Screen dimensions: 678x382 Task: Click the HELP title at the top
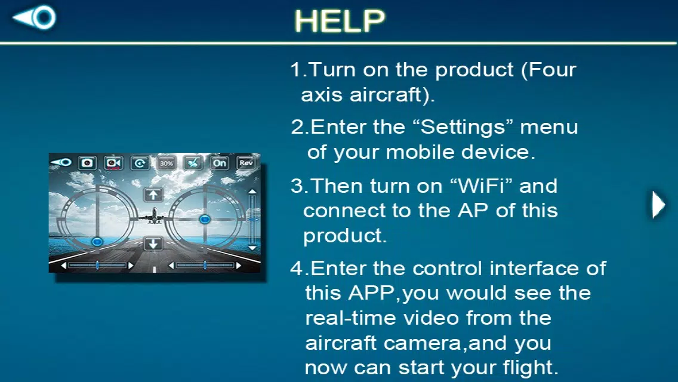pyautogui.click(x=340, y=21)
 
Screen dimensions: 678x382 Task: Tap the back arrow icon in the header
pyautogui.click(x=35, y=17)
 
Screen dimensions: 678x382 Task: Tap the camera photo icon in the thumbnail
pyautogui.click(x=87, y=163)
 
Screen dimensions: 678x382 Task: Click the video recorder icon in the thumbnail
pyautogui.click(x=114, y=163)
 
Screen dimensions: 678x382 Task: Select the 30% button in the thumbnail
pyautogui.click(x=167, y=163)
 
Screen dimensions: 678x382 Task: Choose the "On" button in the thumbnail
pyautogui.click(x=220, y=163)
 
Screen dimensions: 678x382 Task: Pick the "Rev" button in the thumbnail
pyautogui.click(x=246, y=163)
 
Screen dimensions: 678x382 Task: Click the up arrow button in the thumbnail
pyautogui.click(x=153, y=195)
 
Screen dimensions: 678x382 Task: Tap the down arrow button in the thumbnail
pyautogui.click(x=153, y=244)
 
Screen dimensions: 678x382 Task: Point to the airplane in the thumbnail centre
pyautogui.click(x=155, y=215)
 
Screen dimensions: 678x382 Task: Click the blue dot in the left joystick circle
pyautogui.click(x=97, y=241)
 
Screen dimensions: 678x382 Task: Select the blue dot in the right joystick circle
pyautogui.click(x=205, y=219)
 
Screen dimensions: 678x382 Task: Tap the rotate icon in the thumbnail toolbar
pyautogui.click(x=140, y=163)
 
